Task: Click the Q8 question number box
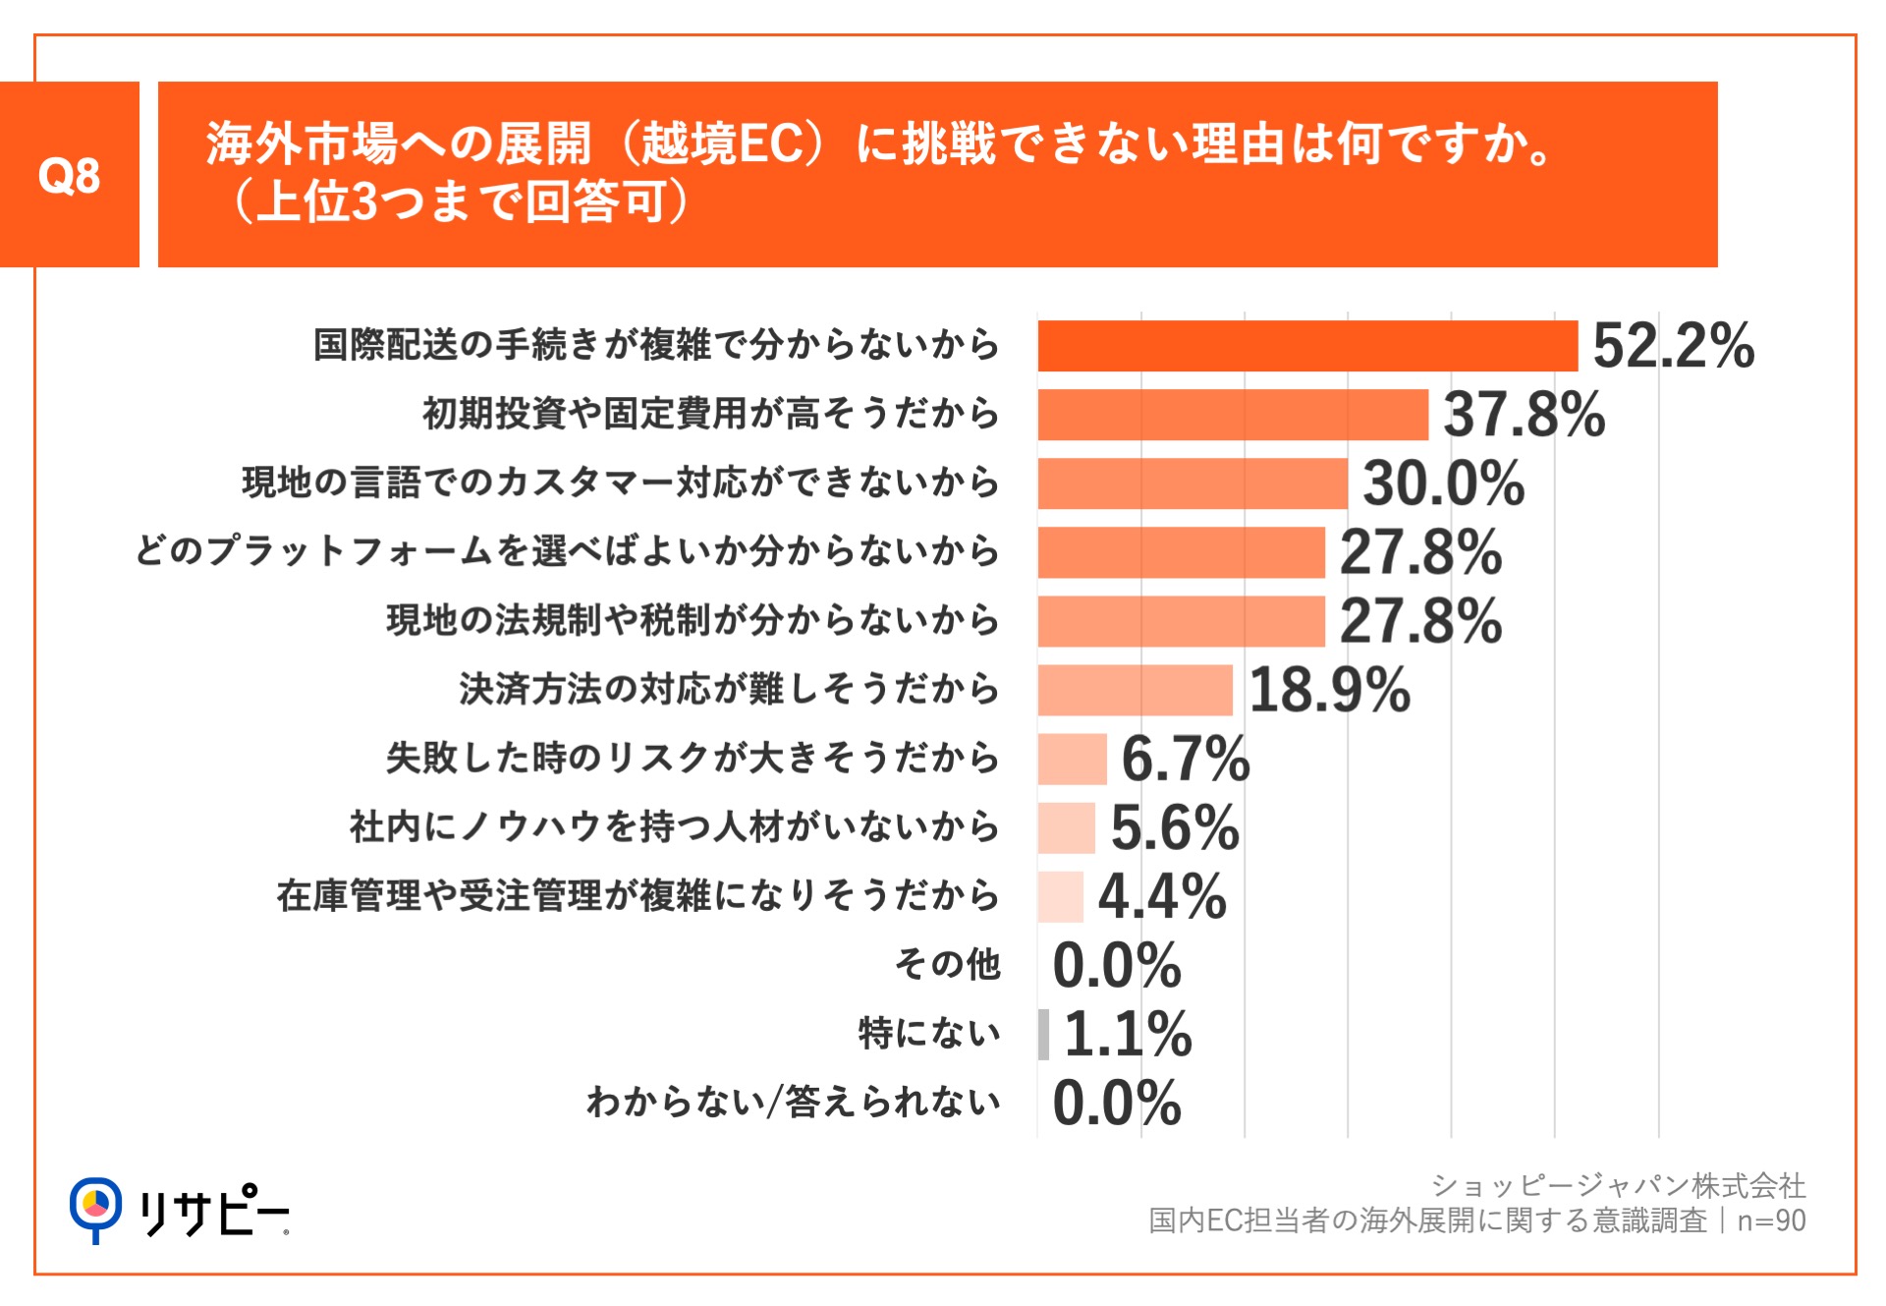coord(69,175)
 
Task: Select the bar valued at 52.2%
coord(1306,346)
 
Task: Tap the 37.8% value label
coord(1524,415)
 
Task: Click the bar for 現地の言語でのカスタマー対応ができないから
coord(1192,483)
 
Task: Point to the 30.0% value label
coord(1443,483)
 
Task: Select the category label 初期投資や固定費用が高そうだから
coord(710,414)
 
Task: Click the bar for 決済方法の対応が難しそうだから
coord(1135,690)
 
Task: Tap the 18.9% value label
coord(1329,690)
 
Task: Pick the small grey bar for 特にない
coord(1043,1034)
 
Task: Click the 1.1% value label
coord(1127,1034)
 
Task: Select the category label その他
coord(947,964)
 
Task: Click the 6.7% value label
coord(1185,759)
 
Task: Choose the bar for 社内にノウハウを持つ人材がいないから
coord(1066,827)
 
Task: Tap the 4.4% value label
coord(1162,896)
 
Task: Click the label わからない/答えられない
coord(793,1102)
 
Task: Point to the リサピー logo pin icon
coord(95,1207)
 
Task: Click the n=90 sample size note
coord(1771,1221)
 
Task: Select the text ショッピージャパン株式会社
coord(1618,1185)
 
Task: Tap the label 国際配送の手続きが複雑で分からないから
coord(656,345)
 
